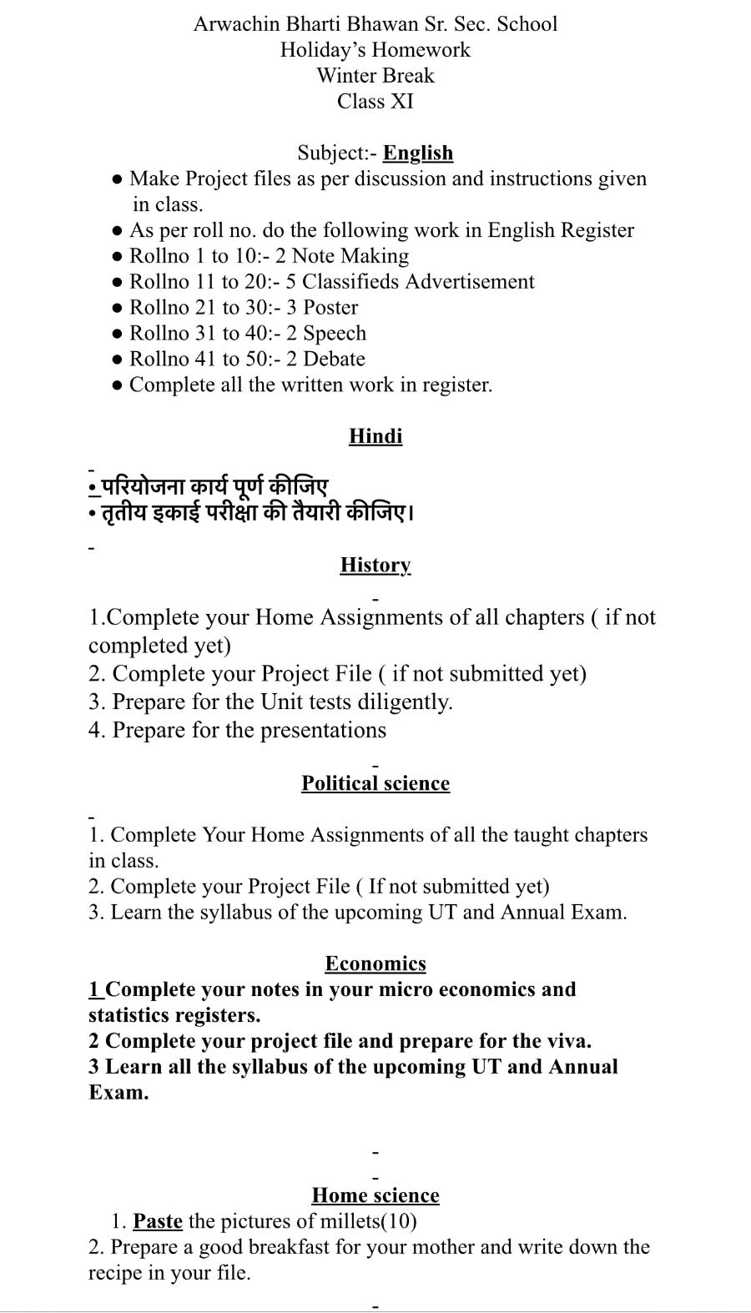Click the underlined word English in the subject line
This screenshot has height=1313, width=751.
pyautogui.click(x=418, y=153)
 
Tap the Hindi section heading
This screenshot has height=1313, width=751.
pyautogui.click(x=375, y=436)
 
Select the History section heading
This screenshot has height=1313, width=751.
pyautogui.click(x=375, y=565)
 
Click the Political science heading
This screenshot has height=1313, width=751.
pyautogui.click(x=375, y=783)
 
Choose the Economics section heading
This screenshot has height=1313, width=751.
pyautogui.click(x=375, y=963)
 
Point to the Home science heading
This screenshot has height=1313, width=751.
pyautogui.click(x=375, y=1195)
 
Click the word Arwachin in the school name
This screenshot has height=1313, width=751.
pyautogui.click(x=233, y=24)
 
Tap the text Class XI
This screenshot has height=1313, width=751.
pyautogui.click(x=375, y=102)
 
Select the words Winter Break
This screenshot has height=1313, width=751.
pyautogui.click(x=375, y=76)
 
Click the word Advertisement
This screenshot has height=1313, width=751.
pyautogui.click(x=469, y=282)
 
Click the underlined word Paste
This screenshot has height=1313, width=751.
pyautogui.click(x=158, y=1221)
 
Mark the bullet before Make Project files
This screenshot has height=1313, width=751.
pyautogui.click(x=118, y=179)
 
